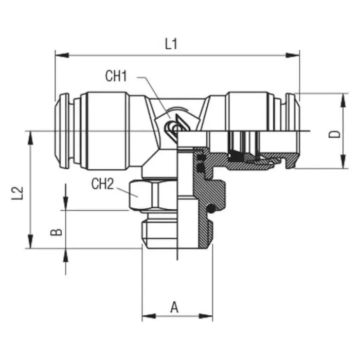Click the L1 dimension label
pos(171,44)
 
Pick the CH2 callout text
pos(102,184)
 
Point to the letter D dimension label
pos(335,134)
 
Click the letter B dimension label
pos(58,230)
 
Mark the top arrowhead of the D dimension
pos(342,98)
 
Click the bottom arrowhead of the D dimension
pos(342,163)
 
